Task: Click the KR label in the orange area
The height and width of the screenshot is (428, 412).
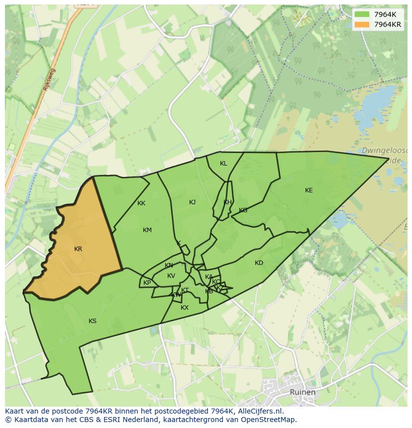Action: (x=78, y=249)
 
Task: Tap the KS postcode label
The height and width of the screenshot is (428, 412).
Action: (x=93, y=321)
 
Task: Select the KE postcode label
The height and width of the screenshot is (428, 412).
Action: (x=309, y=190)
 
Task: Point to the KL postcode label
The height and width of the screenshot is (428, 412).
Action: (x=223, y=164)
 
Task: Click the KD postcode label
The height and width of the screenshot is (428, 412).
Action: (x=259, y=263)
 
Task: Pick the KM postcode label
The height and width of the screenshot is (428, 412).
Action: (x=147, y=230)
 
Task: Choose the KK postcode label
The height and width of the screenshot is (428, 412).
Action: (x=141, y=203)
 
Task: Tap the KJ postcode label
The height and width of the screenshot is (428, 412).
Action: (x=192, y=202)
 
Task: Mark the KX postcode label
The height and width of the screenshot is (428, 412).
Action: (x=185, y=308)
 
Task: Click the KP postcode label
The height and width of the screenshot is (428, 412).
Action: (x=147, y=283)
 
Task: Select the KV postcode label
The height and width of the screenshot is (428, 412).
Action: (x=171, y=276)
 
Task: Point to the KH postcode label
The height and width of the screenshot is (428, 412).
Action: (x=227, y=202)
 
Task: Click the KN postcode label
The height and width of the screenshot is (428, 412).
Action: (x=169, y=265)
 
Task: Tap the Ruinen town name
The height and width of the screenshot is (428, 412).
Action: (x=302, y=392)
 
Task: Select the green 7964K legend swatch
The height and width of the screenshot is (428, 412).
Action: (x=362, y=14)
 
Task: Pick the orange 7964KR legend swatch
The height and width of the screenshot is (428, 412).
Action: (x=362, y=24)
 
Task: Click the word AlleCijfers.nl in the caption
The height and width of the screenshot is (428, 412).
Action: (x=260, y=411)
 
